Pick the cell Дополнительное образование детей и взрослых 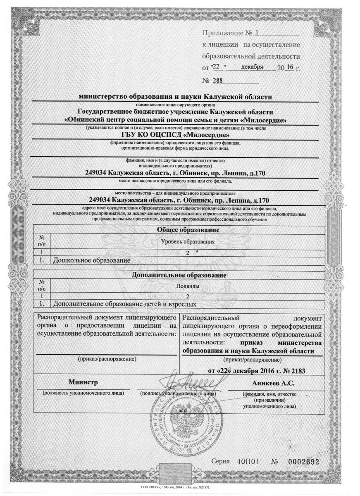122,304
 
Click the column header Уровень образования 186,241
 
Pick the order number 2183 296,370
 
